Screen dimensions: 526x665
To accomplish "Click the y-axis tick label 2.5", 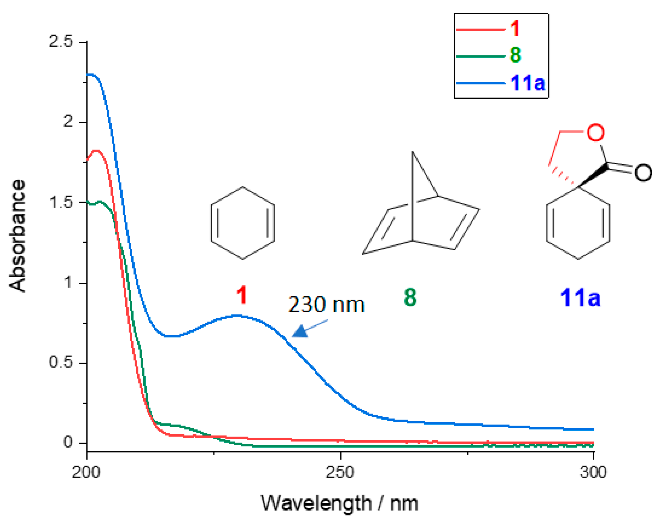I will pyautogui.click(x=61, y=41).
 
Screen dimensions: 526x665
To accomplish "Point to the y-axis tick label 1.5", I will pyautogui.click(x=61, y=202).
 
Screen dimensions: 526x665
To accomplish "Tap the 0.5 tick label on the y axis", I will pyautogui.click(x=61, y=362).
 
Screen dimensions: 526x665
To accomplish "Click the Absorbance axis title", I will pyautogui.click(x=17, y=235).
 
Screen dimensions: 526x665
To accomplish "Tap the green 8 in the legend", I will pyautogui.click(x=515, y=55).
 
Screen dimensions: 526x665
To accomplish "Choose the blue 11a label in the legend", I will pyautogui.click(x=528, y=83).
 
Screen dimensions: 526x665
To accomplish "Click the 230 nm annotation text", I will pyautogui.click(x=326, y=304).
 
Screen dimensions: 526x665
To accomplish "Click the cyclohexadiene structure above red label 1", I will pyautogui.click(x=243, y=223).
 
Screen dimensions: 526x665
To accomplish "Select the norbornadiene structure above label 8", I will pyautogui.click(x=421, y=212).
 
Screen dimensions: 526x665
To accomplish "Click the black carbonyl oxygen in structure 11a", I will pyautogui.click(x=643, y=173).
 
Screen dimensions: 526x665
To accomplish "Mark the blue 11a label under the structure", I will pyautogui.click(x=580, y=298).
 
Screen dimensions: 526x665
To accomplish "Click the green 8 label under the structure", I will pyautogui.click(x=410, y=298).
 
